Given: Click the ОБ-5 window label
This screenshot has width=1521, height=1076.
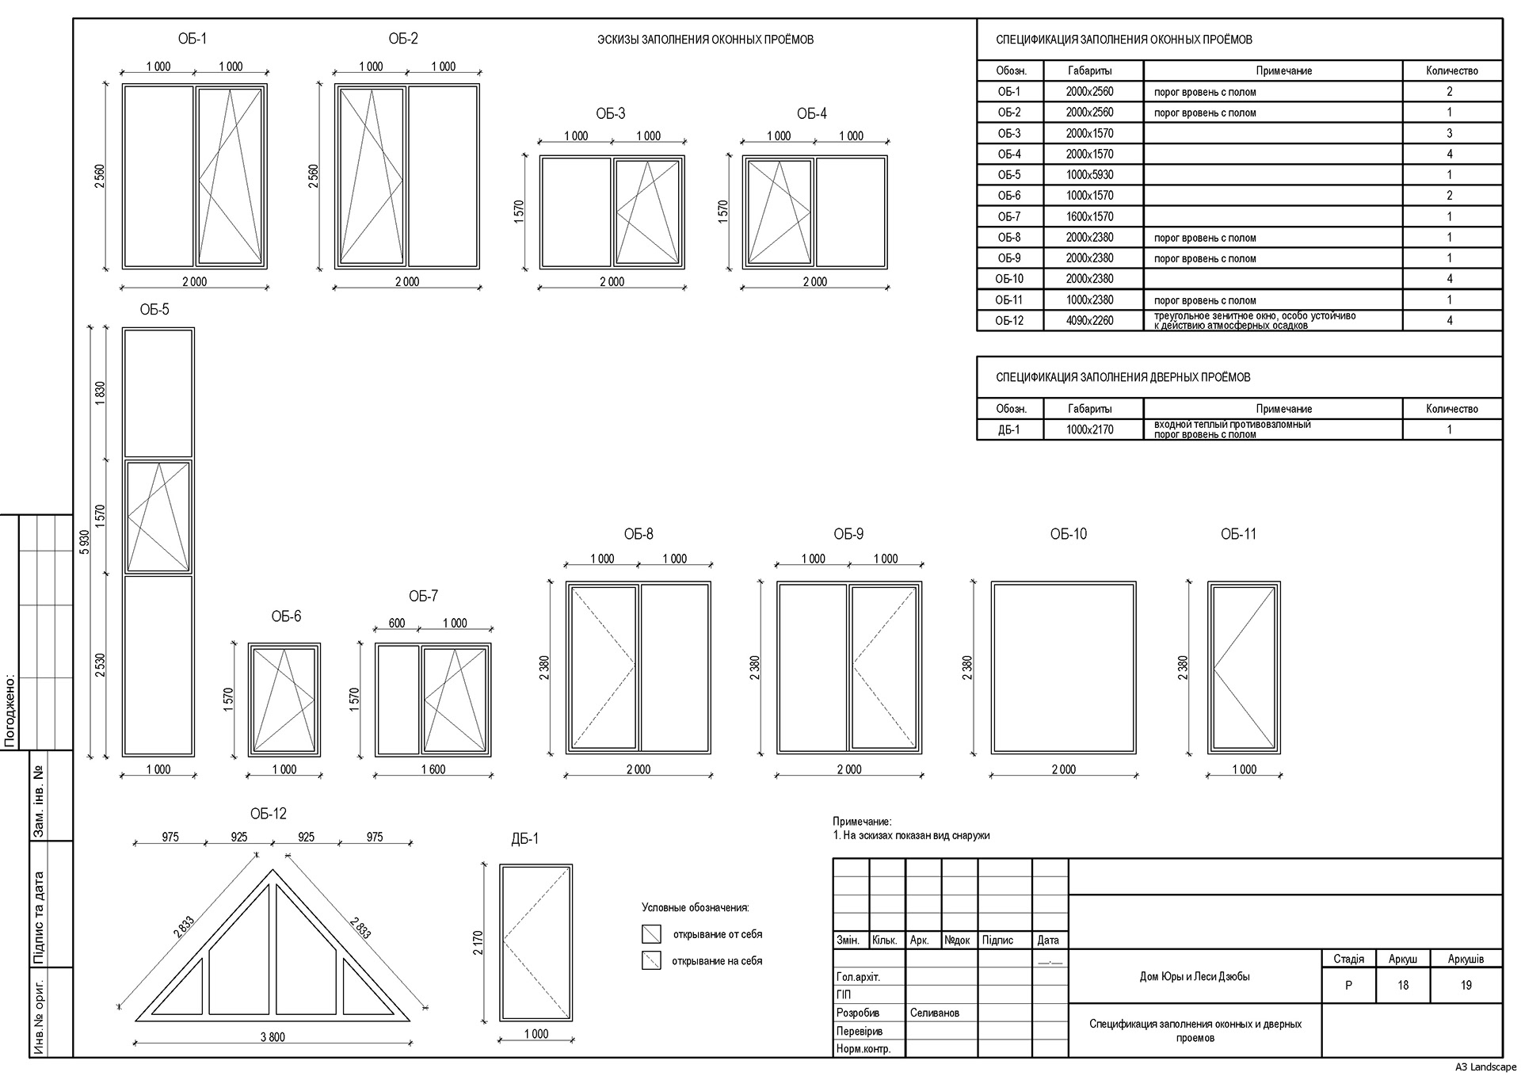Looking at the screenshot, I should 154,310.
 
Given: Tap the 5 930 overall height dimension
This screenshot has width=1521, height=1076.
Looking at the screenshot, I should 85,542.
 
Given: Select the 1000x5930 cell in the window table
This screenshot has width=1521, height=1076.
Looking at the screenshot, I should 1089,175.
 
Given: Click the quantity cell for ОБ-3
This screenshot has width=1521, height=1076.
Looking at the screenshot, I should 1449,133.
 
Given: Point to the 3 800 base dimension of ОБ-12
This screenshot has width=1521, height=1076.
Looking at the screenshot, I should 272,1036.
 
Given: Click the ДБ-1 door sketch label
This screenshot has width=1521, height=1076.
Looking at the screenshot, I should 524,838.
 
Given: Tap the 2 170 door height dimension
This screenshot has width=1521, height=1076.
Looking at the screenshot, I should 478,942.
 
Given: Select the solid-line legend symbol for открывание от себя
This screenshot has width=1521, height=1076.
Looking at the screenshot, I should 651,934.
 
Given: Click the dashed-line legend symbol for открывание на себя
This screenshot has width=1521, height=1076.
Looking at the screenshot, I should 651,961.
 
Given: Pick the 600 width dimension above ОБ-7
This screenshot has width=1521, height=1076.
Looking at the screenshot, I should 396,624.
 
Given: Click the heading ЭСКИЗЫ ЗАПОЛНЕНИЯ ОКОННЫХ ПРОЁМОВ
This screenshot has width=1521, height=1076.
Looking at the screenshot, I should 705,40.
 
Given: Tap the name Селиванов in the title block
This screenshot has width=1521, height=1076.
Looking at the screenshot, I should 935,1013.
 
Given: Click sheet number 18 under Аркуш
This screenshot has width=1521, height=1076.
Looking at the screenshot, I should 1403,986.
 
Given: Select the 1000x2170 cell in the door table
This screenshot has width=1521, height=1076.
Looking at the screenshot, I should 1089,429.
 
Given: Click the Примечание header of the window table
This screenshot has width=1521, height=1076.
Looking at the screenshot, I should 1283,71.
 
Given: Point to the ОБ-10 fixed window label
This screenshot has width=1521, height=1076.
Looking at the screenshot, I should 1068,534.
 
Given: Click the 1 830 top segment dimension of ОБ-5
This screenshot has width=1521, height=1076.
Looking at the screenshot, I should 100,393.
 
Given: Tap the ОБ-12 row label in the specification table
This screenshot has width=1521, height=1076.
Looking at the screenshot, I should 1009,321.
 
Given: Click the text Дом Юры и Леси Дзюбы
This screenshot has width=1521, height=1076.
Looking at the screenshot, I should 1194,977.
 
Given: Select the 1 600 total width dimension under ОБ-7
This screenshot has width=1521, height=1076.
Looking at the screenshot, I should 433,769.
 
